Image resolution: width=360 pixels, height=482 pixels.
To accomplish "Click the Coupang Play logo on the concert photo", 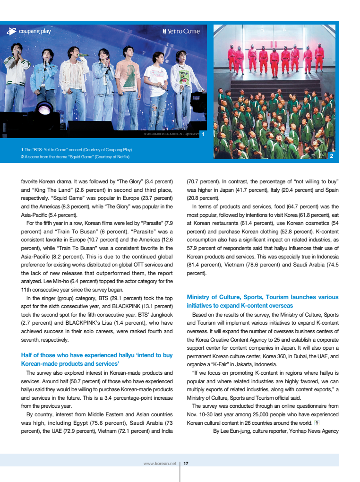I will [29, 31].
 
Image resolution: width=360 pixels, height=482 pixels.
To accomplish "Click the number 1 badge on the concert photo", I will [202, 134].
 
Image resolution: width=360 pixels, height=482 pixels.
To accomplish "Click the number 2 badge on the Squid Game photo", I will [332, 155].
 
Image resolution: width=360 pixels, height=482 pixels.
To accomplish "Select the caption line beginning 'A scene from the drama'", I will [77, 157].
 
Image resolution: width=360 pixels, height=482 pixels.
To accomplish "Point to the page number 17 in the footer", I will [186, 464].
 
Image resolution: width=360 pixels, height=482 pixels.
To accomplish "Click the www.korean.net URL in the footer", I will [160, 464].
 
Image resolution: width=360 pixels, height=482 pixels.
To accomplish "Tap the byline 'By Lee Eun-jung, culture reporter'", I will [276, 431].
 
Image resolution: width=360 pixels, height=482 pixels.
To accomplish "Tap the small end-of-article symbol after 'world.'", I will [317, 422].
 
